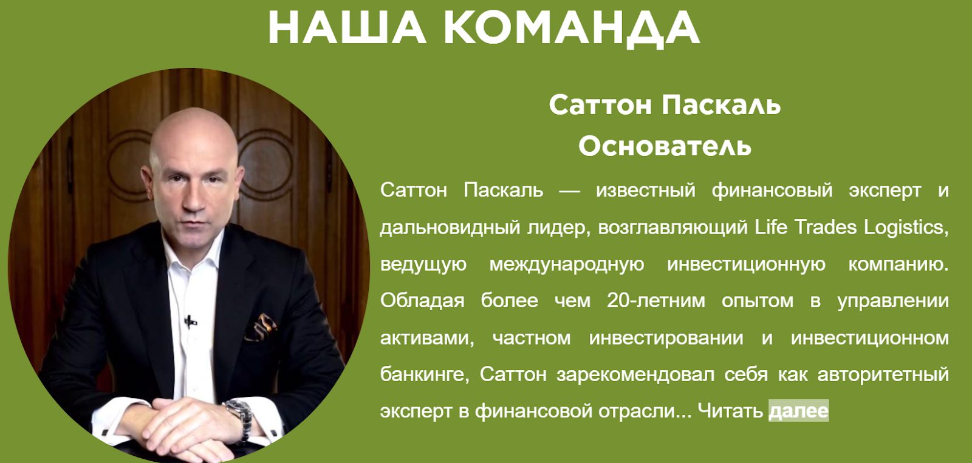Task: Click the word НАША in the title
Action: click(x=347, y=27)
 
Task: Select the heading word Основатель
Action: click(x=665, y=146)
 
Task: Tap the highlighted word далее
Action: click(x=798, y=411)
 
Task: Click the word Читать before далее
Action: click(x=730, y=411)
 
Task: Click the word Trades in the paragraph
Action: click(x=826, y=227)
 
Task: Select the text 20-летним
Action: click(x=655, y=300)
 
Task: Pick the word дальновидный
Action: click(x=450, y=228)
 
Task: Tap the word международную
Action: click(x=567, y=265)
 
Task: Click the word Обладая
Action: click(x=422, y=301)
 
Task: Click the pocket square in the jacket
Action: click(x=262, y=327)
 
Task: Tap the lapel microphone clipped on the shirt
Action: click(x=190, y=322)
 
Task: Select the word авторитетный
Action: click(x=883, y=374)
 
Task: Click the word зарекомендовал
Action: click(x=635, y=374)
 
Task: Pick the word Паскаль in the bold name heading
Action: click(x=721, y=105)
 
